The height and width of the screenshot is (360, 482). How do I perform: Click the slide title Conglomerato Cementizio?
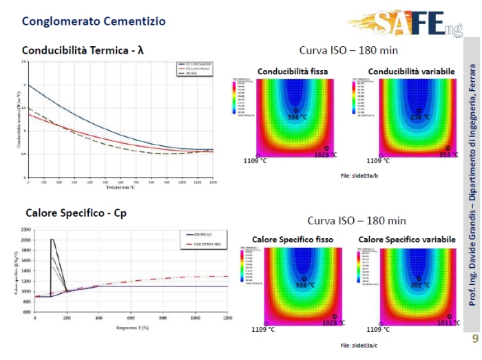pyautogui.click(x=94, y=21)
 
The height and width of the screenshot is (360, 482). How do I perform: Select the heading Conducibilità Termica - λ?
pyautogui.click(x=83, y=50)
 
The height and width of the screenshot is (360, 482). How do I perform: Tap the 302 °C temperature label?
pyautogui.click(x=420, y=285)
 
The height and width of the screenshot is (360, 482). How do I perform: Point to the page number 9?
pyautogui.click(x=474, y=339)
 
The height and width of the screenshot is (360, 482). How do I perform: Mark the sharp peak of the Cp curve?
pyautogui.click(x=52, y=240)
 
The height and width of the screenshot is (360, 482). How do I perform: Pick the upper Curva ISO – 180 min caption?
pyautogui.click(x=348, y=50)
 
